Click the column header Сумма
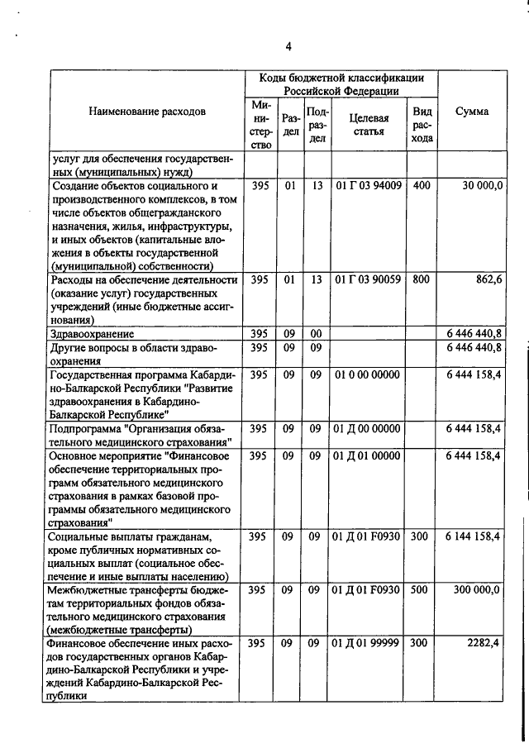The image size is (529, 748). click(x=471, y=112)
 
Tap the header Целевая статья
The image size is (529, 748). click(x=369, y=125)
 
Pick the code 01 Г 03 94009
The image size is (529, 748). click(x=369, y=187)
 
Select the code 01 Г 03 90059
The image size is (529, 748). click(x=369, y=280)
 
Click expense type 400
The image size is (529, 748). click(x=421, y=187)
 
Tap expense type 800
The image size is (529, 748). click(x=421, y=280)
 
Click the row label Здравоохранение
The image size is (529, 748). click(x=92, y=334)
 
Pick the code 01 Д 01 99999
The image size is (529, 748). click(x=369, y=643)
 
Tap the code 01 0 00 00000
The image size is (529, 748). click(x=369, y=374)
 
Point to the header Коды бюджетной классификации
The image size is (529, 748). click(x=341, y=78)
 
